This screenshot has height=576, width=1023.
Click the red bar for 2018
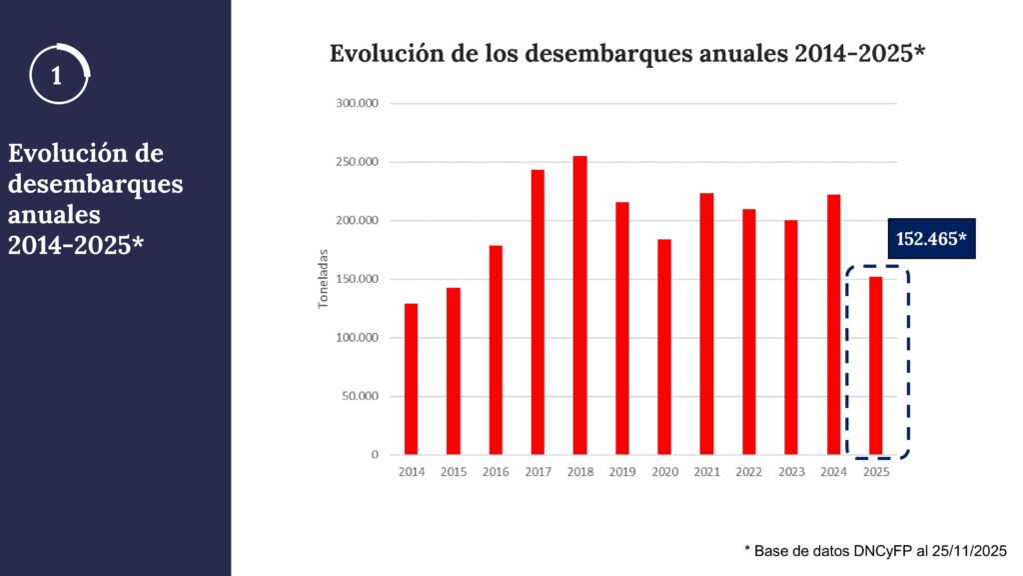tap(579, 305)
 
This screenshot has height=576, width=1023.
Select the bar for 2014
tap(411, 379)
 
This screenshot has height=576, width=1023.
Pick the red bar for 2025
tap(875, 365)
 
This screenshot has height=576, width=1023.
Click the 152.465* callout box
tap(930, 239)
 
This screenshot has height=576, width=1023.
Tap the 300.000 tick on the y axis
tap(357, 103)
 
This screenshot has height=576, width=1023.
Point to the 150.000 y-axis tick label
tap(357, 279)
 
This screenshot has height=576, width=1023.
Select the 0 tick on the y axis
tap(375, 455)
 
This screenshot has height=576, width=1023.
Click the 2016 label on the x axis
tap(496, 472)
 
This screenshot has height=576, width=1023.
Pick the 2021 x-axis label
tap(706, 472)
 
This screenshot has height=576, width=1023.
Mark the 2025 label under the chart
tap(875, 472)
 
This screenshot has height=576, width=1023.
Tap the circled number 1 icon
tap(59, 74)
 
